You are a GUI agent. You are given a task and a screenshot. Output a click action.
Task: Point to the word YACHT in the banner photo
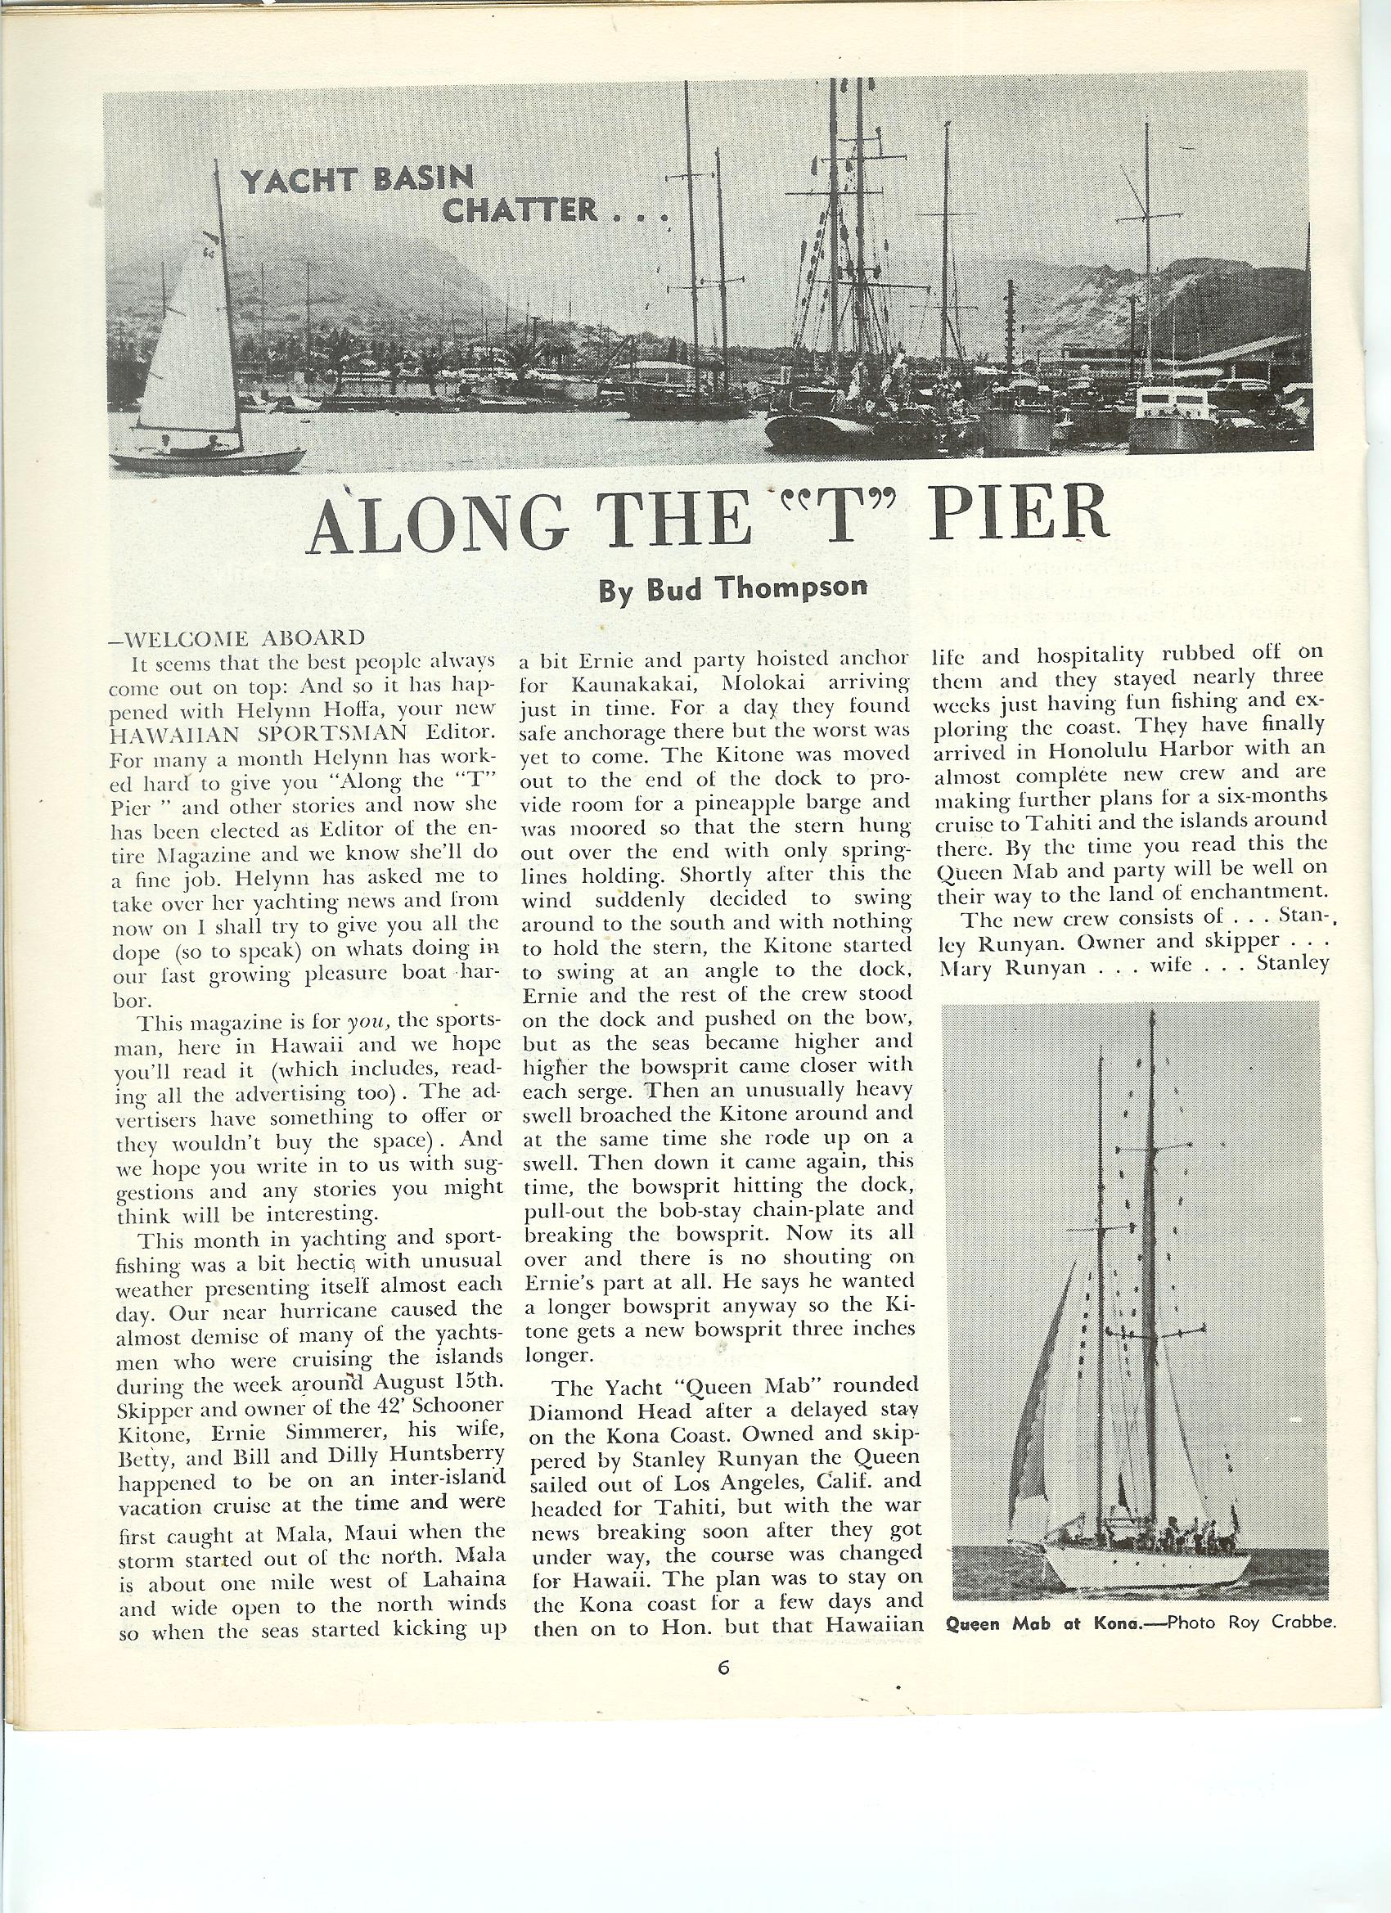click(287, 181)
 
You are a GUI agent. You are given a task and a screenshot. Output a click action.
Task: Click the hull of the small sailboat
click(211, 459)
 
